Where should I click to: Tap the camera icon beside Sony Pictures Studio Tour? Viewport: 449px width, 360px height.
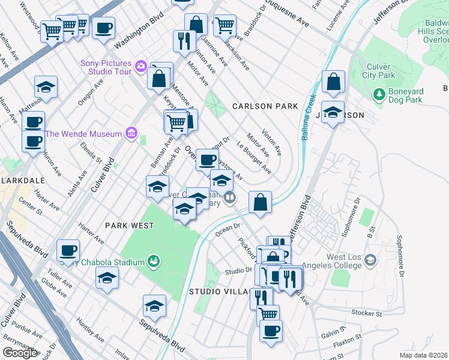(141, 65)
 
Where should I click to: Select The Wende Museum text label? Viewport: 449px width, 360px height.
(83, 134)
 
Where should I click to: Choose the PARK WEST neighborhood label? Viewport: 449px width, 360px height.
(129, 226)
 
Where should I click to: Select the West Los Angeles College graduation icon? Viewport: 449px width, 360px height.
(370, 260)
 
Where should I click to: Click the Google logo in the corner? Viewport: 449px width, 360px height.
(20, 353)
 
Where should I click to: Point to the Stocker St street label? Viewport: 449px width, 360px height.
(366, 313)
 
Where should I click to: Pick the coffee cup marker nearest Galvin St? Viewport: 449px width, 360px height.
(271, 330)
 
